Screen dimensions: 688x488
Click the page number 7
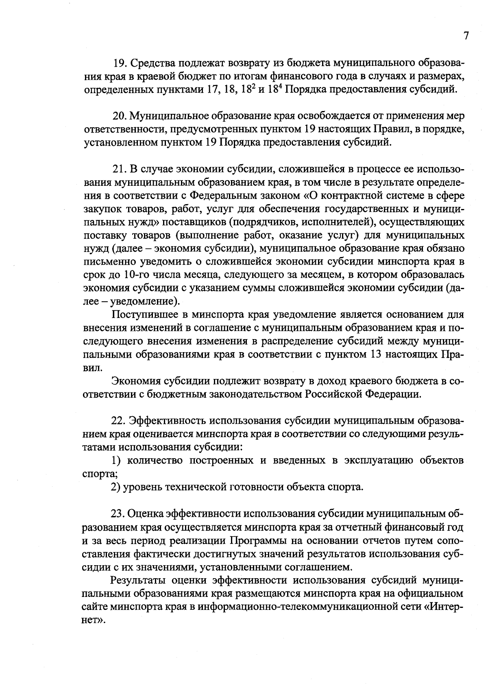[x=466, y=36]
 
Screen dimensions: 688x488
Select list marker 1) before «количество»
[x=117, y=460]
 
